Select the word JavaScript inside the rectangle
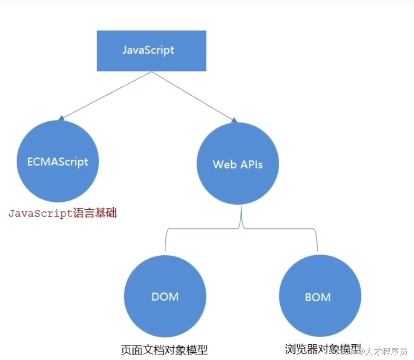148,50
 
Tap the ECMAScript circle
57,161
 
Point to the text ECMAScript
57,162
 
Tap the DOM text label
165,297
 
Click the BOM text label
318,297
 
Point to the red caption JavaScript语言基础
63,213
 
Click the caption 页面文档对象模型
164,350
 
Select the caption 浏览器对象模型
323,349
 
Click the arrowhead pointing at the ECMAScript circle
62,117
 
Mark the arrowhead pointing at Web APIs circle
234,120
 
